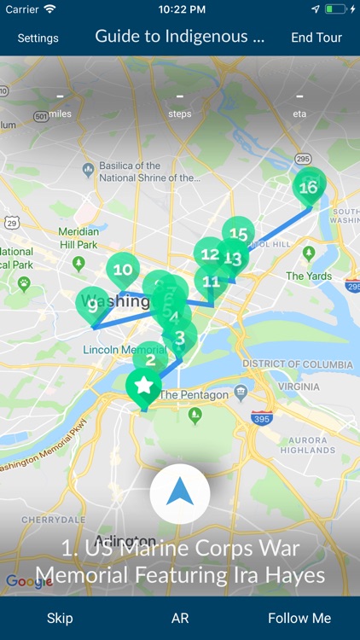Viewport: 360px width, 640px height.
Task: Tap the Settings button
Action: (x=38, y=38)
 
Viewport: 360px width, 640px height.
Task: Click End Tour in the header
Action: (x=316, y=38)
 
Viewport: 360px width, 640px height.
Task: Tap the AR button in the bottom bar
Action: (x=179, y=618)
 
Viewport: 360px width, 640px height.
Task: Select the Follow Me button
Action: (x=299, y=618)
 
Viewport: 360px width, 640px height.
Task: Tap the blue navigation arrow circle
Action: (x=179, y=493)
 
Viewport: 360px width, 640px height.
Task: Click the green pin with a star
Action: (x=143, y=387)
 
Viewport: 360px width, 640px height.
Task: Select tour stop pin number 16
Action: (x=309, y=188)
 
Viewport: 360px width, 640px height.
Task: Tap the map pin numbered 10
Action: (x=123, y=271)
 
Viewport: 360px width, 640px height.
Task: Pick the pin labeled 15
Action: (x=239, y=233)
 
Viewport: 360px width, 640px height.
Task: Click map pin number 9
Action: (x=92, y=305)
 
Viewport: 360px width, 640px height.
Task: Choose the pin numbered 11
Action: (x=211, y=281)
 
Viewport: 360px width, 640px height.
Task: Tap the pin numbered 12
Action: (x=208, y=253)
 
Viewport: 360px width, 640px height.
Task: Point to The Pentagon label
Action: (x=195, y=395)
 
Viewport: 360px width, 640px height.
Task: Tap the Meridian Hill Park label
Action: (x=79, y=237)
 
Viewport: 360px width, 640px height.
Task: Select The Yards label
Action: (x=308, y=276)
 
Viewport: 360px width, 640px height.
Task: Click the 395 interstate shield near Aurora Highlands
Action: (x=262, y=418)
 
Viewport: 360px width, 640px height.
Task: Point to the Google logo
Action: (x=29, y=582)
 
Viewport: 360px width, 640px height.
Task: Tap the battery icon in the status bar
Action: (x=335, y=9)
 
